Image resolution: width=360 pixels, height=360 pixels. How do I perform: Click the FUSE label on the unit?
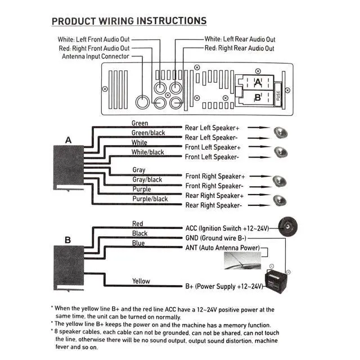[x=278, y=95]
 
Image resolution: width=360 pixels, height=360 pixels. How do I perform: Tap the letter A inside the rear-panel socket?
[x=258, y=83]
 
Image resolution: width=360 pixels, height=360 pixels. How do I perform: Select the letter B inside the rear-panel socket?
[x=258, y=97]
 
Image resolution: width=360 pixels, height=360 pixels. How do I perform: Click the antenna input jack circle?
[x=142, y=102]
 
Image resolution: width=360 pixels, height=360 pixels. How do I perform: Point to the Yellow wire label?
[x=141, y=281]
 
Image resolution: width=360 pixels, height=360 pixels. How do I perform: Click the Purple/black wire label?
[x=150, y=199]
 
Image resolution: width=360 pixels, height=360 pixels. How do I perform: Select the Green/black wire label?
[x=148, y=133]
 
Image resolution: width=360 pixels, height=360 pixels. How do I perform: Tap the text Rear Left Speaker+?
[x=212, y=128]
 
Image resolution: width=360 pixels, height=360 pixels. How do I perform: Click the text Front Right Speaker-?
[x=214, y=186]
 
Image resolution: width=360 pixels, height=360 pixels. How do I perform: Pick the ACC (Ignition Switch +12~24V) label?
[x=227, y=228]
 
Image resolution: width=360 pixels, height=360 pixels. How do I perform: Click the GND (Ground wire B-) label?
[x=216, y=238]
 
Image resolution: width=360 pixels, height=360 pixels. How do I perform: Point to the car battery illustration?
[x=276, y=281]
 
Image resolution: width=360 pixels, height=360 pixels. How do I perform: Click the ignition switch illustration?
[x=288, y=227]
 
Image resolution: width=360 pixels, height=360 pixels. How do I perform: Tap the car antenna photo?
[x=242, y=261]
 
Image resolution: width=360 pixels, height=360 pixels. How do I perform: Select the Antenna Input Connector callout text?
[x=96, y=56]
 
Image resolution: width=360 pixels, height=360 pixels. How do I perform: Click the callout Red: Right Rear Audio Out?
[x=239, y=48]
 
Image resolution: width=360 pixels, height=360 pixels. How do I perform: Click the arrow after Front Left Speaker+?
[x=260, y=146]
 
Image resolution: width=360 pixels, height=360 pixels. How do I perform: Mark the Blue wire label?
[x=138, y=243]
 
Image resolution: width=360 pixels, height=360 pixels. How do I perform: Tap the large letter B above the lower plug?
[x=67, y=240]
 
